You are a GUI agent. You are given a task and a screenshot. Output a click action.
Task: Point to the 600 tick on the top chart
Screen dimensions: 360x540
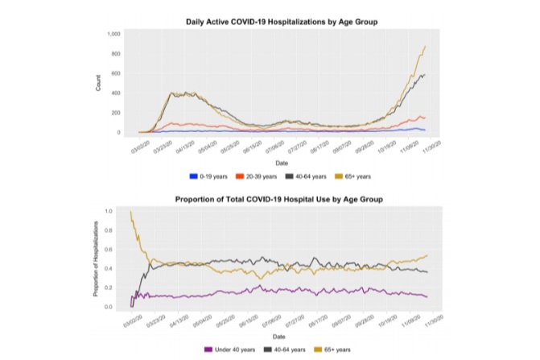coord(115,73)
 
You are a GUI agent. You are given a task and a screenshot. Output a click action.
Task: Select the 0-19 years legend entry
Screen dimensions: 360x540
coord(211,174)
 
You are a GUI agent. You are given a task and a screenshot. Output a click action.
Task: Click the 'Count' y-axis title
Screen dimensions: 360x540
coord(98,83)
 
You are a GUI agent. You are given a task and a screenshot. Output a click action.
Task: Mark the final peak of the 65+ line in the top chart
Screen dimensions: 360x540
coord(424,47)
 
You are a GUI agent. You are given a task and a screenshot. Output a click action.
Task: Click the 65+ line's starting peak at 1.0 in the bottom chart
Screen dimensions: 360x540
coord(130,212)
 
